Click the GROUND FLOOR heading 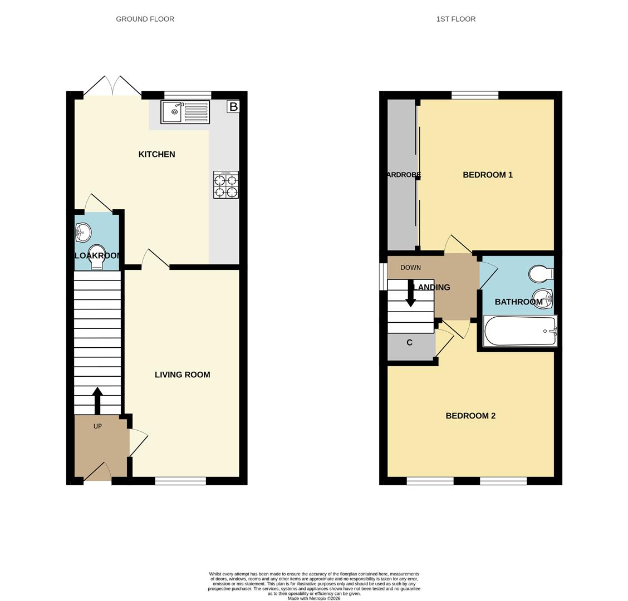pyautogui.click(x=145, y=19)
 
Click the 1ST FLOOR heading pyautogui.click(x=455, y=19)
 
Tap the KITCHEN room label pyautogui.click(x=156, y=154)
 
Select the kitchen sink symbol pyautogui.click(x=185, y=112)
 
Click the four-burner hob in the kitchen pyautogui.click(x=225, y=185)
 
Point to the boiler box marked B pyautogui.click(x=233, y=106)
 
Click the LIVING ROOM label pyautogui.click(x=182, y=375)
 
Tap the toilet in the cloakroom pyautogui.click(x=97, y=255)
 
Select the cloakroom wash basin pyautogui.click(x=83, y=232)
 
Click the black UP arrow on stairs pyautogui.click(x=97, y=400)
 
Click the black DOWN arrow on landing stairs pyautogui.click(x=410, y=294)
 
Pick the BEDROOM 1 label pyautogui.click(x=487, y=175)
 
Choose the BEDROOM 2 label pyautogui.click(x=470, y=416)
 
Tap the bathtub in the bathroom pyautogui.click(x=520, y=331)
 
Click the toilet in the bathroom pyautogui.click(x=540, y=274)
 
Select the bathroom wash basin pyautogui.click(x=542, y=298)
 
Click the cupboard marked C pyautogui.click(x=410, y=343)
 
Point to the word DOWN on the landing pyautogui.click(x=410, y=268)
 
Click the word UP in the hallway pyautogui.click(x=97, y=426)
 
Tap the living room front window pyautogui.click(x=180, y=481)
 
